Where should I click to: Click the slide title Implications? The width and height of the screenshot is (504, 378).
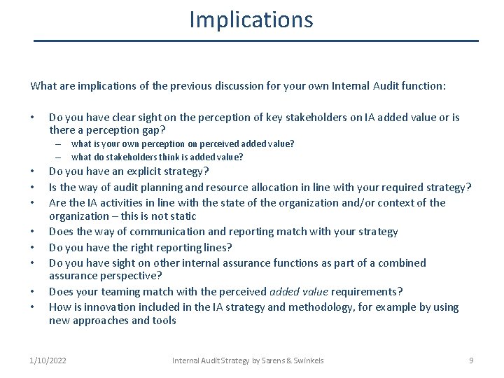coord(251,20)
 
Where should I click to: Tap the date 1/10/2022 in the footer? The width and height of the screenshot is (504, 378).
coord(48,360)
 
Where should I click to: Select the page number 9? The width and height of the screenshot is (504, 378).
coord(471,360)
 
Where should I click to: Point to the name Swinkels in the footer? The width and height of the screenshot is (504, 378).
coord(309,360)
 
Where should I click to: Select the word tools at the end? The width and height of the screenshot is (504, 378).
coord(164,321)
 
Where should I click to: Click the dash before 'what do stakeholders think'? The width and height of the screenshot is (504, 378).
coord(59,157)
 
